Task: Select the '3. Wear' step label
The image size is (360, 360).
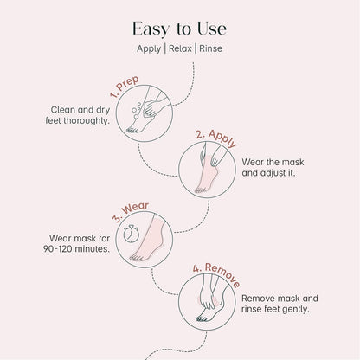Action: point(131,209)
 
